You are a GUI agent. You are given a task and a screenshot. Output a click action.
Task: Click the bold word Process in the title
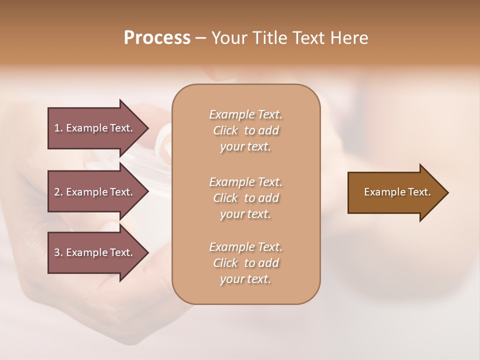tap(157, 37)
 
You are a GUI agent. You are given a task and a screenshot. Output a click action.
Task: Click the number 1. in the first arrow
tap(58, 128)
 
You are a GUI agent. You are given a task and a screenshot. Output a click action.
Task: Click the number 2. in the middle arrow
tap(58, 192)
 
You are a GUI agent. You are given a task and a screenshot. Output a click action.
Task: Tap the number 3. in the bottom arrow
tap(58, 252)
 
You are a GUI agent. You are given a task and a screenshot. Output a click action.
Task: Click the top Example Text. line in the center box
tap(245, 114)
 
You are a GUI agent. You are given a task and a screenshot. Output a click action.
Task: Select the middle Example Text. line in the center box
tap(245, 181)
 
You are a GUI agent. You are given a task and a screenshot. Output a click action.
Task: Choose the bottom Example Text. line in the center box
tap(245, 247)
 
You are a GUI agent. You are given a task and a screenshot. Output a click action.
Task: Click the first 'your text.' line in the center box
tap(245, 147)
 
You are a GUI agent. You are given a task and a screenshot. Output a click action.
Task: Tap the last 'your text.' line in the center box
tap(245, 279)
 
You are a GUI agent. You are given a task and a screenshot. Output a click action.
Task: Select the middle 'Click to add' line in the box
tap(245, 198)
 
